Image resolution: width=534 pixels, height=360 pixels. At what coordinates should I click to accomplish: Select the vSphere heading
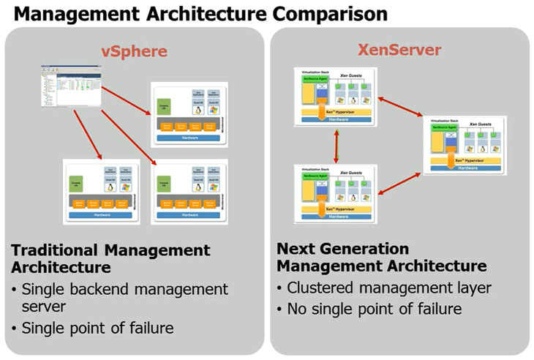point(134,50)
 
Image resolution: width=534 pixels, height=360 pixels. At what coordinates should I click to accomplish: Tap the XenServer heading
point(399,50)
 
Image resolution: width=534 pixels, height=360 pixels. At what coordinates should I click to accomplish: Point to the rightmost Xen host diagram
point(465,144)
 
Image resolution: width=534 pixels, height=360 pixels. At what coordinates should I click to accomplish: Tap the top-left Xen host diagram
point(336,96)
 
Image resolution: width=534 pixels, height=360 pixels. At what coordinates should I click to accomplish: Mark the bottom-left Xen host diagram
point(336,193)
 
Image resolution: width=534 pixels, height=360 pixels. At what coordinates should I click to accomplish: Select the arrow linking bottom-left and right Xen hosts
point(400,181)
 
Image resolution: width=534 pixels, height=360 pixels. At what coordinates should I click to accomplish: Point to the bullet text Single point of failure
point(98,328)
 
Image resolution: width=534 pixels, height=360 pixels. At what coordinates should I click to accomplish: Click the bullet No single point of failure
point(374,309)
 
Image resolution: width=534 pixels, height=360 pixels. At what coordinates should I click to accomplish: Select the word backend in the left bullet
point(100,289)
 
